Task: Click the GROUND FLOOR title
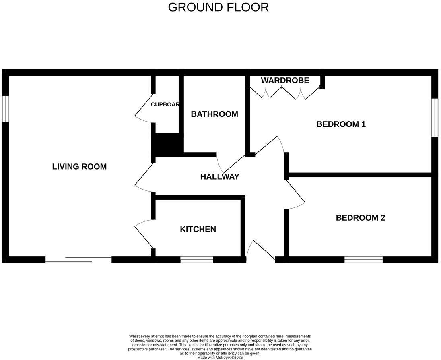(218, 7)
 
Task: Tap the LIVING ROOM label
(79, 166)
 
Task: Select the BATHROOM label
(214, 114)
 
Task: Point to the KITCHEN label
(198, 229)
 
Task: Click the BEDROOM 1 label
(341, 124)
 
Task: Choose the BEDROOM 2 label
(360, 218)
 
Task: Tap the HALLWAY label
(220, 176)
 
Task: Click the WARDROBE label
(285, 80)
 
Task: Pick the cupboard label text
(165, 104)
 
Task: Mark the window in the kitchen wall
(196, 260)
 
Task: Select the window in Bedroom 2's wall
(363, 260)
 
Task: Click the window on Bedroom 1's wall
(435, 117)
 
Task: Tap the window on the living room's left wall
(5, 109)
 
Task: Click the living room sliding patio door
(78, 260)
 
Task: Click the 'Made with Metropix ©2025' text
(220, 357)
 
